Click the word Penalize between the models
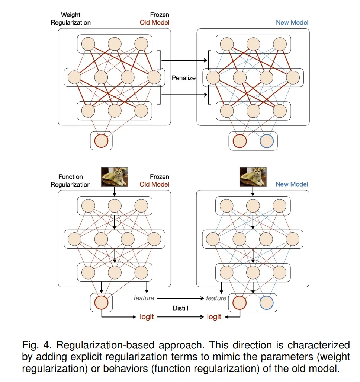(x=183, y=78)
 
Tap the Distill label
(x=180, y=308)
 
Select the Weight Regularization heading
(x=71, y=19)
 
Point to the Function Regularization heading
(x=71, y=181)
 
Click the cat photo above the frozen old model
(x=115, y=176)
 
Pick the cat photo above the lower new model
(x=253, y=176)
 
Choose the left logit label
(x=147, y=317)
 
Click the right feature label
(x=216, y=298)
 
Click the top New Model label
(x=292, y=22)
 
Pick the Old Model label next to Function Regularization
(x=154, y=184)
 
